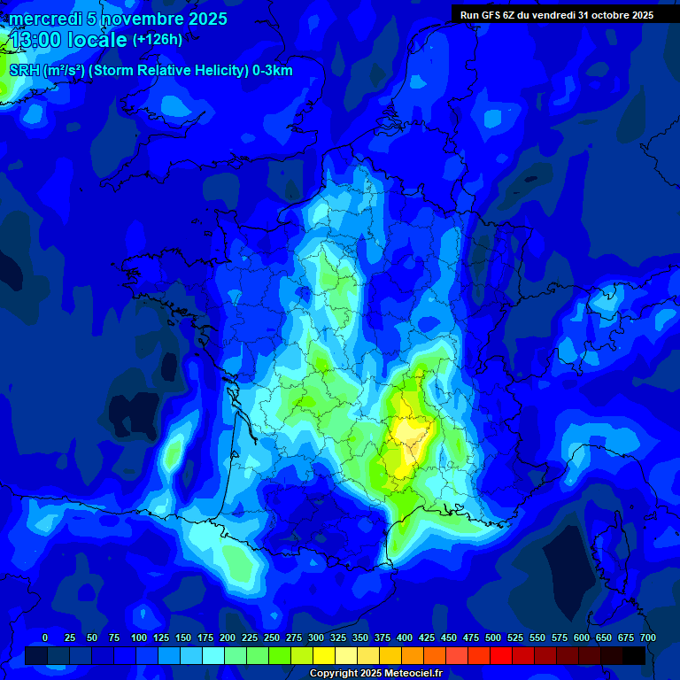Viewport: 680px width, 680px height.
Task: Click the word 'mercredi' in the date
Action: tap(45, 19)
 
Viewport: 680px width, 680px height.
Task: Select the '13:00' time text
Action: tap(36, 40)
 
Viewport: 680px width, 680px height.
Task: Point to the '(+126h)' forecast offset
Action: tap(158, 40)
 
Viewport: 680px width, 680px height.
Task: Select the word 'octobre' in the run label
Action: tap(606, 15)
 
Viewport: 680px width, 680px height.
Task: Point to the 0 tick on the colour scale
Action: tap(45, 637)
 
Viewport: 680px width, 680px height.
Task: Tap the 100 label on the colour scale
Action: tap(138, 637)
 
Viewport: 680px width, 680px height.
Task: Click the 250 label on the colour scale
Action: tap(272, 637)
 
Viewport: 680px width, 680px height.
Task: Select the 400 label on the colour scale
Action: tap(405, 637)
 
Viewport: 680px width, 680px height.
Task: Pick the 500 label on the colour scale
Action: tap(493, 637)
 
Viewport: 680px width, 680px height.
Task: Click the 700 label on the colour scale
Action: tap(647, 637)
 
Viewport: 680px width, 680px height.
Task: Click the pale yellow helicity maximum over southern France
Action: tap(408, 431)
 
